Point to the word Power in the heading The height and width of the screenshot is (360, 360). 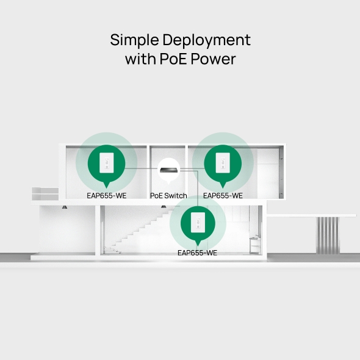click(x=214, y=59)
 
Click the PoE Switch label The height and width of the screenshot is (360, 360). click(x=168, y=196)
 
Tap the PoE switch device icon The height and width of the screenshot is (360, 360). click(x=169, y=170)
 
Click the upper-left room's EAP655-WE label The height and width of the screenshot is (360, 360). click(x=107, y=196)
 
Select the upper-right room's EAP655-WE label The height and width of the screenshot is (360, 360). click(x=223, y=196)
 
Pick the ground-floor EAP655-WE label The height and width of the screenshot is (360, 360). click(x=198, y=253)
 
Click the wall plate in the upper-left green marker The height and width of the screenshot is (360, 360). click(x=107, y=162)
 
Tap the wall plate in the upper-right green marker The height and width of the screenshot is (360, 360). click(x=223, y=162)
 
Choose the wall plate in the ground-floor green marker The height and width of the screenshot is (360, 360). click(x=198, y=222)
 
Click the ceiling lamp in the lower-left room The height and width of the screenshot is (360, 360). click(x=65, y=207)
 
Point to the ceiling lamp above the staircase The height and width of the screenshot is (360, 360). click(x=164, y=207)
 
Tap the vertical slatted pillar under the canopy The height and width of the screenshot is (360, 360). click(x=327, y=235)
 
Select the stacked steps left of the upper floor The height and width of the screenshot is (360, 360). click(x=45, y=194)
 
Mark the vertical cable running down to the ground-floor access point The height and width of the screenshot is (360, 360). click(x=198, y=189)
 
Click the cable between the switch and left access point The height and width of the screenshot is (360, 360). click(x=141, y=168)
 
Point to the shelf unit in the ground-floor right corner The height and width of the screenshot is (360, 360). click(x=255, y=245)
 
